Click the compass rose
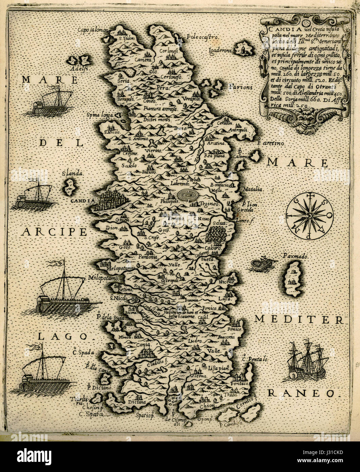309,216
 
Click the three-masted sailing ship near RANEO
307,362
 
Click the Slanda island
70,187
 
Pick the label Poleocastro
203,37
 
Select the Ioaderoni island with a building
244,48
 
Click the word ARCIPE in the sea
54,232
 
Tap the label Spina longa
100,115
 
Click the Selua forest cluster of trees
216,234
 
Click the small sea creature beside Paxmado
262,264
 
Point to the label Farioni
240,87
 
